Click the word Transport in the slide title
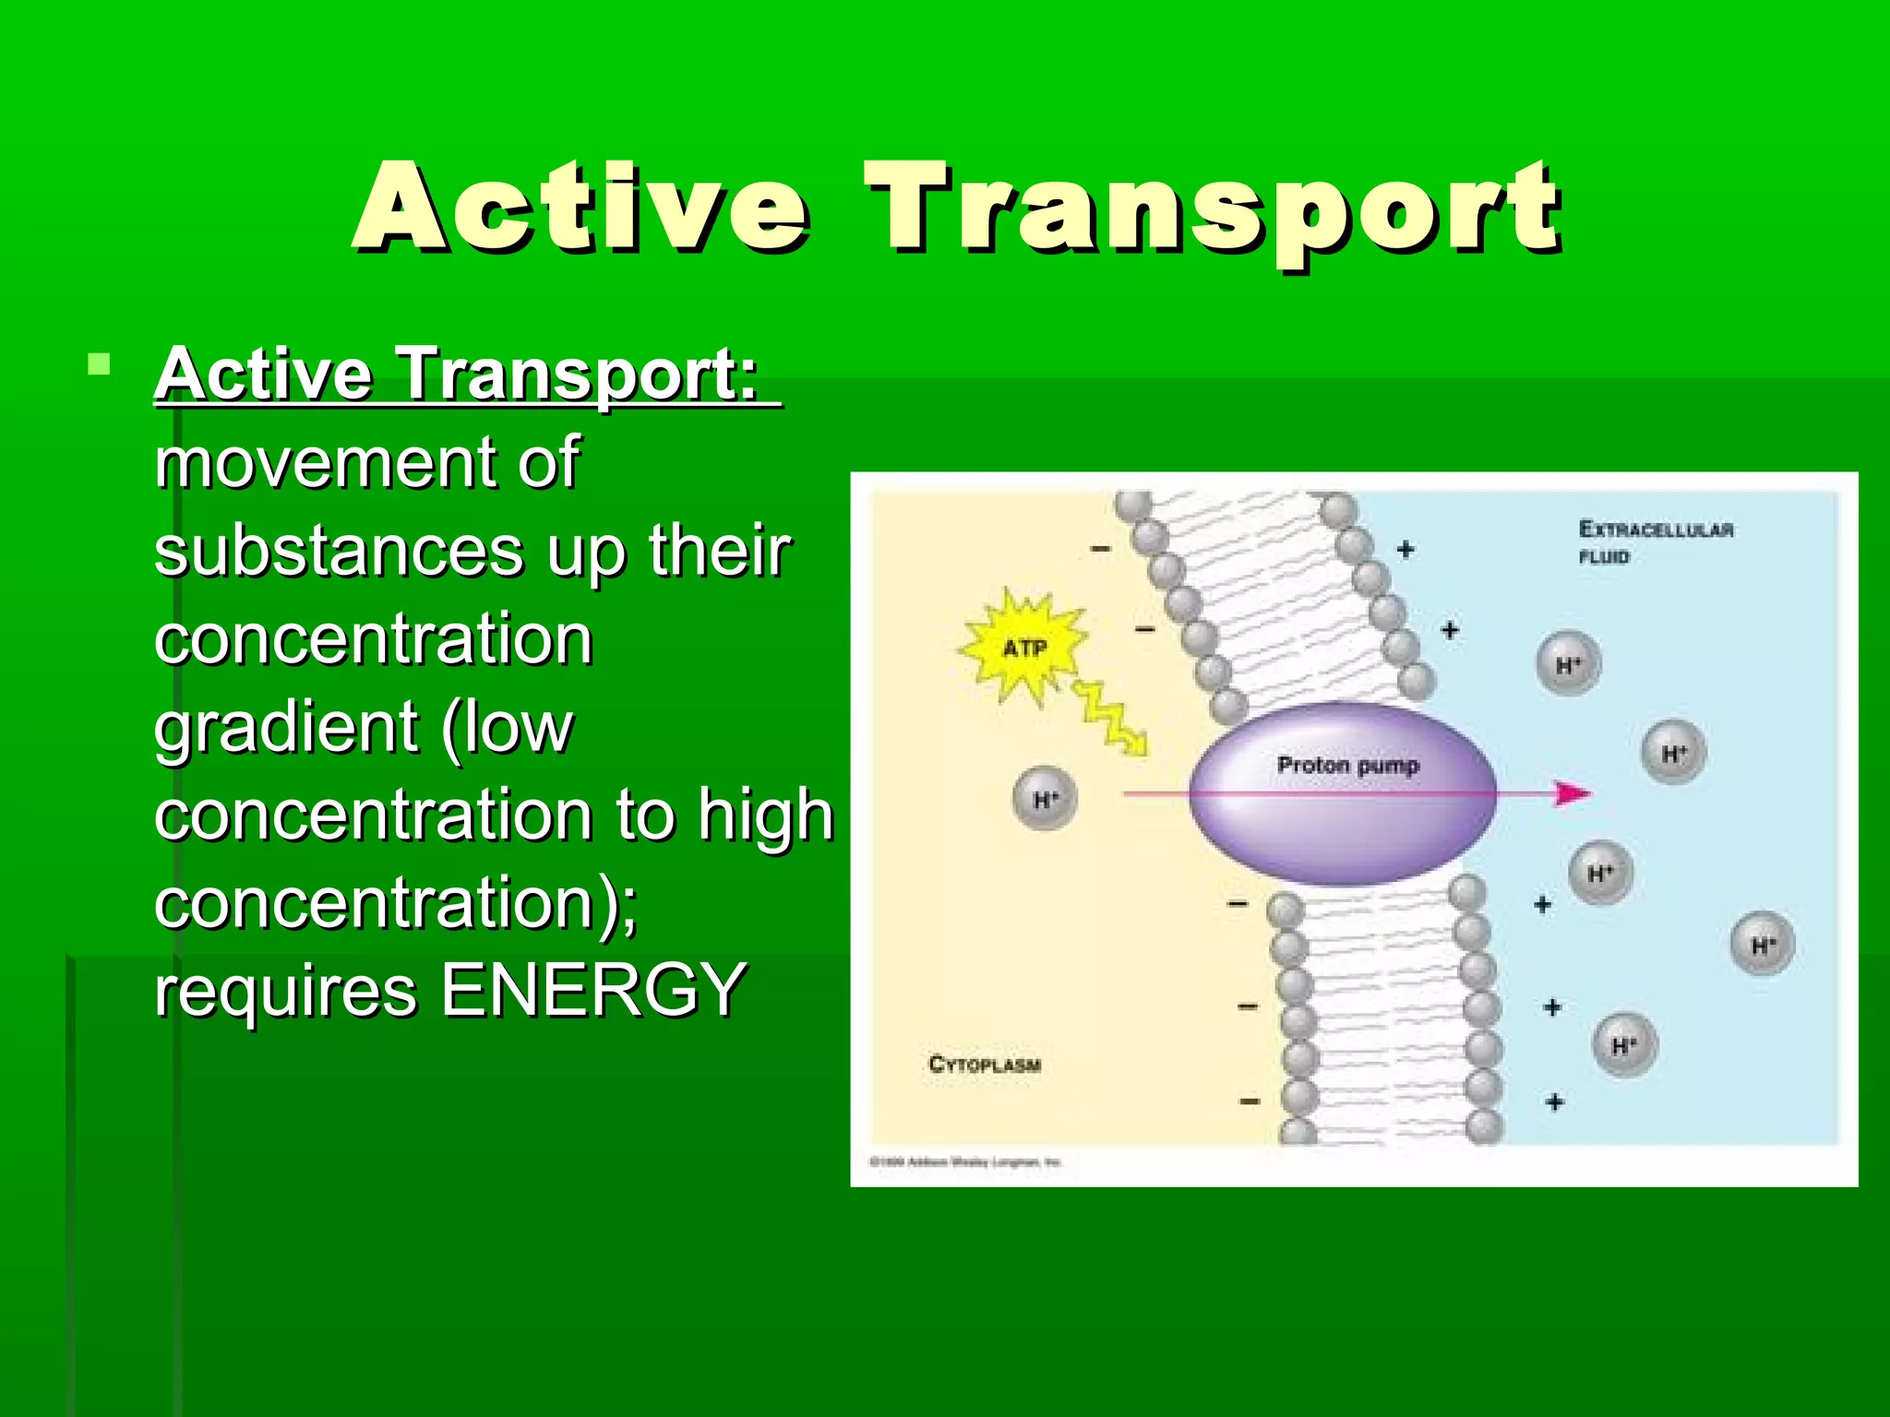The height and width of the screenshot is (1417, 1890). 1214,210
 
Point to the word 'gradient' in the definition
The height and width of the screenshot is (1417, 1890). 286,727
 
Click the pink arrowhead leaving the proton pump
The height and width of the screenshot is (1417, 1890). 1571,793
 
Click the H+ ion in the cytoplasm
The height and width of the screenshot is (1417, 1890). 1045,799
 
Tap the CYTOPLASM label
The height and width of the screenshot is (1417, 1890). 984,1065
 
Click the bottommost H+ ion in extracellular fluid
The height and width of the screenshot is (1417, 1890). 1624,1045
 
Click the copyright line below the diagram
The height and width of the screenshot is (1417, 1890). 965,1162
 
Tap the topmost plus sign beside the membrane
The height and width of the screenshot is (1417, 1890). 1406,550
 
